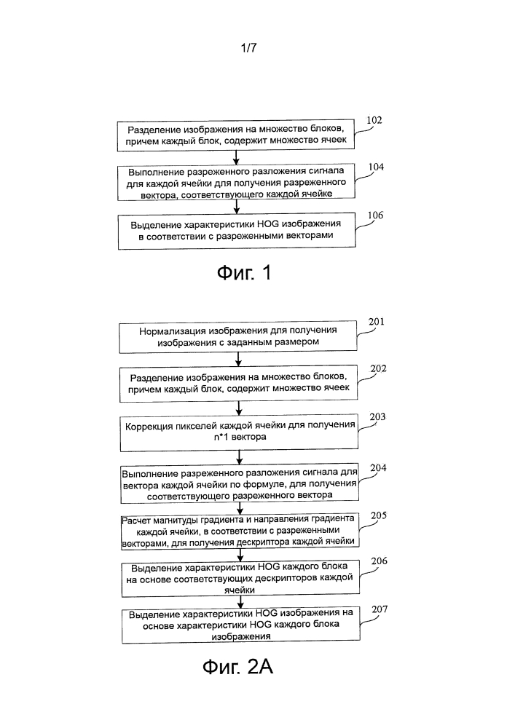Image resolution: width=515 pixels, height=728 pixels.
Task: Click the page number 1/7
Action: click(x=249, y=47)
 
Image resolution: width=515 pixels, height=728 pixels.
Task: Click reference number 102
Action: click(x=374, y=120)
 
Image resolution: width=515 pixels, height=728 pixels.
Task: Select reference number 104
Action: click(x=376, y=167)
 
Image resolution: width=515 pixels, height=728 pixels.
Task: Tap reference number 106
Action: click(x=375, y=215)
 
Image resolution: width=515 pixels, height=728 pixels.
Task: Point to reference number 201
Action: click(x=376, y=322)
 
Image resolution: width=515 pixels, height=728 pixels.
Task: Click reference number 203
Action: click(x=377, y=417)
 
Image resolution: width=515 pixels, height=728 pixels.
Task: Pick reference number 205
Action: click(x=379, y=516)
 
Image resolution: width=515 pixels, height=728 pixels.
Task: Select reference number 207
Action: click(x=380, y=609)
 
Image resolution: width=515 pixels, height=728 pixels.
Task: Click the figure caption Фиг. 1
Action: click(x=244, y=272)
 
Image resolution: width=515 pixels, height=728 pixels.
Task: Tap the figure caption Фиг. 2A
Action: click(x=237, y=667)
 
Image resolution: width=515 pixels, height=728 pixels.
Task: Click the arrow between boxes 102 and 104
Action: click(x=236, y=157)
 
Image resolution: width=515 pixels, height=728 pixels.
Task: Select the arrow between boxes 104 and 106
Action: click(x=236, y=207)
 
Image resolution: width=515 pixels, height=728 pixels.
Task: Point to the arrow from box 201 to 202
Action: click(x=238, y=360)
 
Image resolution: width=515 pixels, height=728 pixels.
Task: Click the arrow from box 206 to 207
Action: click(x=240, y=602)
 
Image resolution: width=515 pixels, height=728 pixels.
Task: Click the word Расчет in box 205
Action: click(x=136, y=521)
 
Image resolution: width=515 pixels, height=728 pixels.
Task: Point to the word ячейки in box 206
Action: click(x=240, y=590)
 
